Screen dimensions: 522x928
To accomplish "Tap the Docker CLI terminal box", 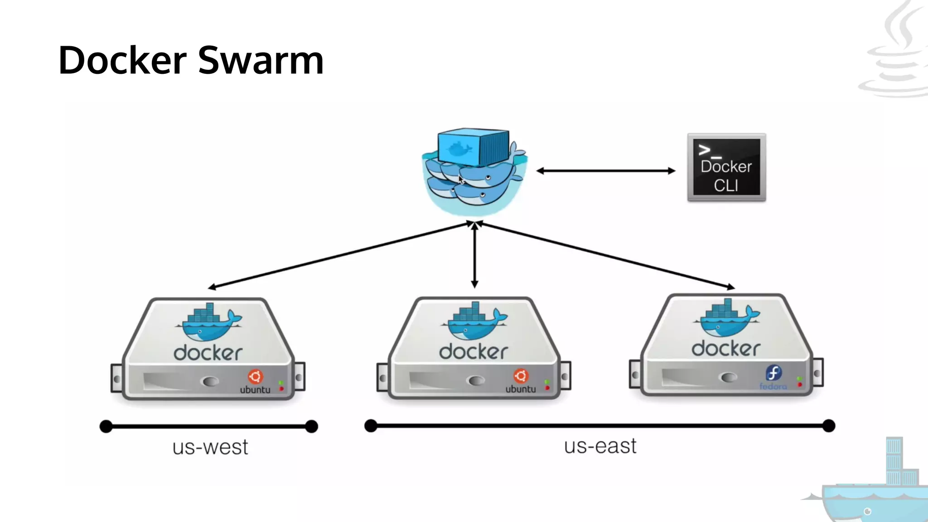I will [726, 167].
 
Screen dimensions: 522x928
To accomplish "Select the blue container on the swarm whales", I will [474, 147].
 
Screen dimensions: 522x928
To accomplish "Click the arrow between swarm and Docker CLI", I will [605, 171].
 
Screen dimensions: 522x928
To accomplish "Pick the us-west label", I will [210, 447].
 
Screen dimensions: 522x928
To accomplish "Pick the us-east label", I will [600, 446].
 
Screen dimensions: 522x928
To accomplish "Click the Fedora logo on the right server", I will [773, 373].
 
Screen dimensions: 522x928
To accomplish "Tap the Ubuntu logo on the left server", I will [255, 377].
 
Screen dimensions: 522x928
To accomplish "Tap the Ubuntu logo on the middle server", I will [521, 376].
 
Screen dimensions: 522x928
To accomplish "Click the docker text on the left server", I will [208, 353].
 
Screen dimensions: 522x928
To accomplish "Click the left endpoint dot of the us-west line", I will [106, 426].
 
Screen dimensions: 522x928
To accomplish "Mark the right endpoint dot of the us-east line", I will [828, 425].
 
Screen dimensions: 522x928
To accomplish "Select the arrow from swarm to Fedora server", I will [607, 255].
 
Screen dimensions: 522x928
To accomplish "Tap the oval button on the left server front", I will [210, 382].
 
